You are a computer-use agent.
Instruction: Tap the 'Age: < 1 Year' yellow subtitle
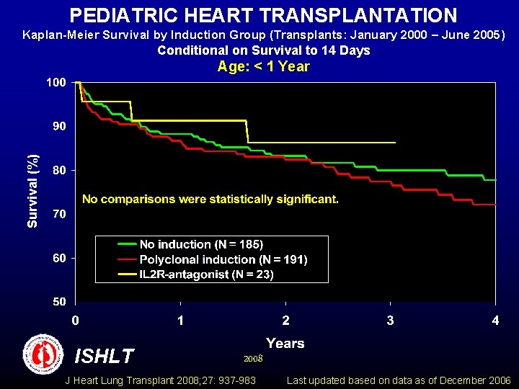[x=263, y=67]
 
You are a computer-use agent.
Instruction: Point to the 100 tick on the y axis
[x=56, y=82]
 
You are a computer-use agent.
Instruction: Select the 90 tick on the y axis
[x=58, y=126]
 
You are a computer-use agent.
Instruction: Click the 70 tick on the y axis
[x=58, y=214]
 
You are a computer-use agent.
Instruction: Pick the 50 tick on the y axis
[x=58, y=302]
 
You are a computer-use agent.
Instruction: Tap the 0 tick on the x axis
[x=75, y=320]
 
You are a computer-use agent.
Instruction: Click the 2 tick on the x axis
[x=285, y=320]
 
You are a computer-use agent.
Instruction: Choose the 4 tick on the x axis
[x=495, y=320]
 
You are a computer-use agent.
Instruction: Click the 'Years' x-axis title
[x=285, y=343]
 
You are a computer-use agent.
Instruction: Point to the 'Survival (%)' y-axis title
[x=32, y=192]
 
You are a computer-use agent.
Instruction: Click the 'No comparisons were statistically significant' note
[x=210, y=199]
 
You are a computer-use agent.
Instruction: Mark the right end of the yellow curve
[x=395, y=143]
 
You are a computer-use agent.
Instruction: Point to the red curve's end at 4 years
[x=495, y=205]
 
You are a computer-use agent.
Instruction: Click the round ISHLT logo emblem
[x=44, y=354]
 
